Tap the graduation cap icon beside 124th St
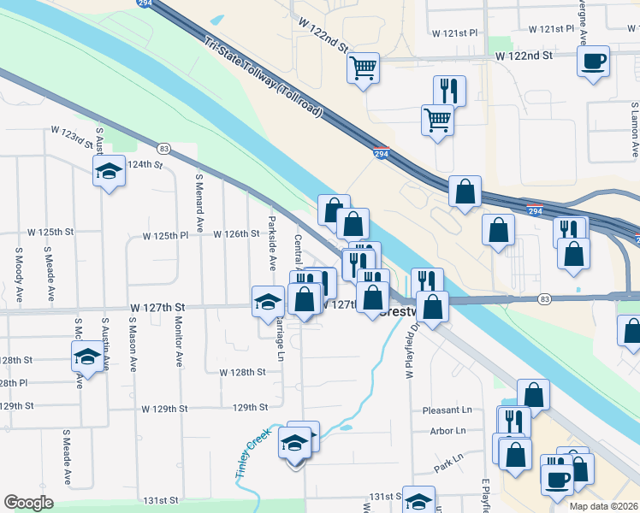point(109,173)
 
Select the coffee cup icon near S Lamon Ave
point(594,62)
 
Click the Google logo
point(28,503)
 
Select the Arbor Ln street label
point(448,431)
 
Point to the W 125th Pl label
point(164,234)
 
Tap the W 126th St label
point(235,233)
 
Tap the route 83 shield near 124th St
point(163,148)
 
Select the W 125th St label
point(50,232)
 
